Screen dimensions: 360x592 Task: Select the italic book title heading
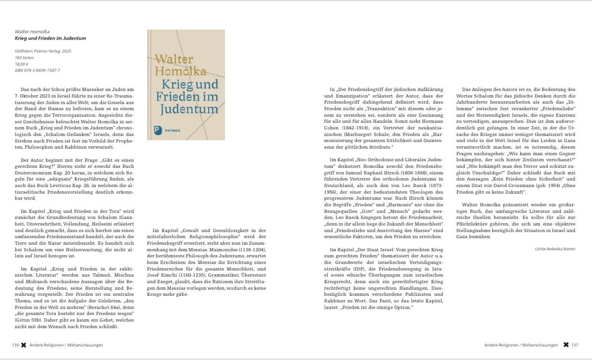50,38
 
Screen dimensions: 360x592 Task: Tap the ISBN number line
37,70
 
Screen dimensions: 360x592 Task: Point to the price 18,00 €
22,64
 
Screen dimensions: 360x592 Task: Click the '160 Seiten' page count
24,57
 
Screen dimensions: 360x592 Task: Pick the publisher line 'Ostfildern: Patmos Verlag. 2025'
43,51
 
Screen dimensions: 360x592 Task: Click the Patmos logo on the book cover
158,130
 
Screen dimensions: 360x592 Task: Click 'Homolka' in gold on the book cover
180,72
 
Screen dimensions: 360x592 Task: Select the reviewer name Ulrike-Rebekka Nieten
555,249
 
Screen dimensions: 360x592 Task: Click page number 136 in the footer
15,345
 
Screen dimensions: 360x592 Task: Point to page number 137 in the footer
575,345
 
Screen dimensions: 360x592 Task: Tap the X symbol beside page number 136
23,345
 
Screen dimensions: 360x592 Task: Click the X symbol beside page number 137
566,345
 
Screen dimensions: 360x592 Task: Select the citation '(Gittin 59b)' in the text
29,320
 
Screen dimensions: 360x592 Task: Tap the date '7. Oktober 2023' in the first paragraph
36,96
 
